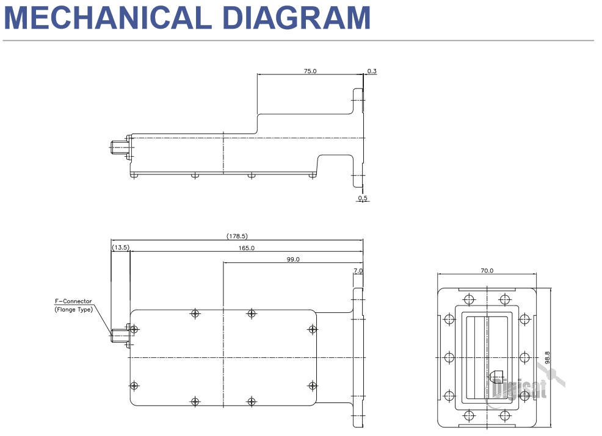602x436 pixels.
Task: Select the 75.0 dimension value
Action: (310, 71)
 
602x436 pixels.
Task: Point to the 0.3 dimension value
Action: (372, 71)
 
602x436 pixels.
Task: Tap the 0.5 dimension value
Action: (363, 198)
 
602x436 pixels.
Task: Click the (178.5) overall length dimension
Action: (237, 236)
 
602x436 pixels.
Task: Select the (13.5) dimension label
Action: (120, 248)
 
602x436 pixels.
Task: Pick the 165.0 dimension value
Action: (246, 248)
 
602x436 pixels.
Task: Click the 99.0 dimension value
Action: (293, 259)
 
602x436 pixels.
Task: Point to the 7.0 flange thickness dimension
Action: (358, 270)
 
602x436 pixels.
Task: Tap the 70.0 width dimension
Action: (487, 271)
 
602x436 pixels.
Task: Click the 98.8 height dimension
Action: (547, 357)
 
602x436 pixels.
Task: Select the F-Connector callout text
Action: (73, 301)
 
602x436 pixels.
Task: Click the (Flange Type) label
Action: (73, 310)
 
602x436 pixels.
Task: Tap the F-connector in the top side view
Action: (117, 147)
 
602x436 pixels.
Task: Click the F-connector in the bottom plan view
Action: (117, 334)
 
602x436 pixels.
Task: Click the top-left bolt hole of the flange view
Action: (468, 299)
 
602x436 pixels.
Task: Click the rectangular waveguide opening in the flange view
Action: (487, 357)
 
